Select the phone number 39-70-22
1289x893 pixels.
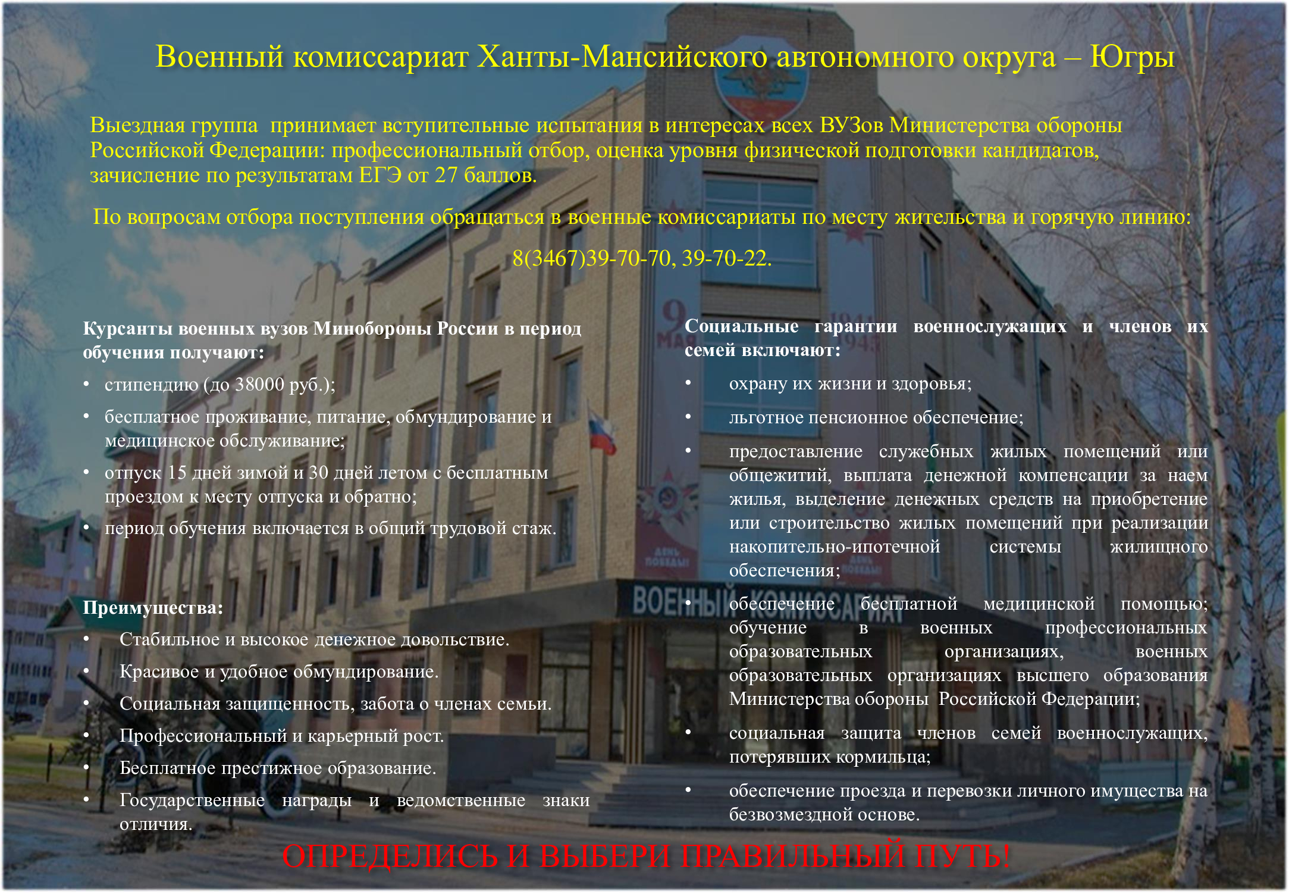726,258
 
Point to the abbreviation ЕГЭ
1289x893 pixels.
380,176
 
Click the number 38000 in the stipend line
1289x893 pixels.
259,385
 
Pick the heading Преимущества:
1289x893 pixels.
153,608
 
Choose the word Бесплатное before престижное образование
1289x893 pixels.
168,768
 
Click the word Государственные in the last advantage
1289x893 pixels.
192,800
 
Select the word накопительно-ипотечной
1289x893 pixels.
835,547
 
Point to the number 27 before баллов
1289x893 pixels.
446,176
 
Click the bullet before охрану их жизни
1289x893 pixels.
688,382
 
